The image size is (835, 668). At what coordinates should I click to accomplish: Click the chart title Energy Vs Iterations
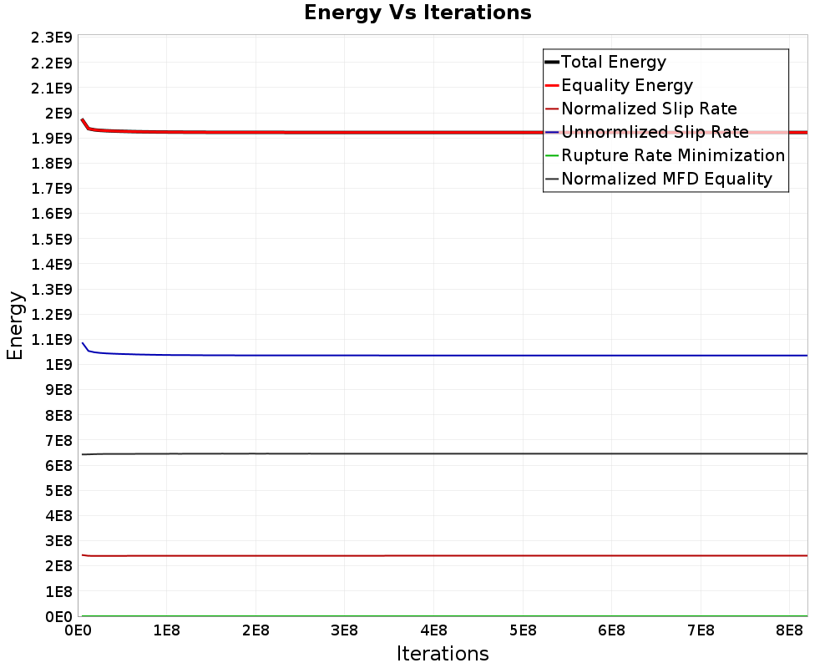[417, 13]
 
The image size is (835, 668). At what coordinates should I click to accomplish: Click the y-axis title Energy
[15, 325]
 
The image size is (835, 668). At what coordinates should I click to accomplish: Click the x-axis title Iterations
[443, 653]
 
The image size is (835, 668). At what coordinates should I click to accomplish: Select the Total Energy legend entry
[614, 62]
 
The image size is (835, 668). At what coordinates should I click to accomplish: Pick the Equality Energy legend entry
[627, 85]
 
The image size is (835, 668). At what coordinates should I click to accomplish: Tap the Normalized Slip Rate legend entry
[649, 109]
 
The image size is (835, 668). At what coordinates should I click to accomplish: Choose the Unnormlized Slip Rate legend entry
[655, 132]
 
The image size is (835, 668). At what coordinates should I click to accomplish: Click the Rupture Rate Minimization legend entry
[673, 155]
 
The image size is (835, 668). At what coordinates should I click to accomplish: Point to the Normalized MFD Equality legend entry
[666, 179]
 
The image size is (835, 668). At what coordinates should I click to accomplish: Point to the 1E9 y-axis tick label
[57, 365]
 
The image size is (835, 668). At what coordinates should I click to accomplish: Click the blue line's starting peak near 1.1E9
[83, 343]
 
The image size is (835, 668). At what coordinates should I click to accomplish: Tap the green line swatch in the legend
[551, 155]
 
